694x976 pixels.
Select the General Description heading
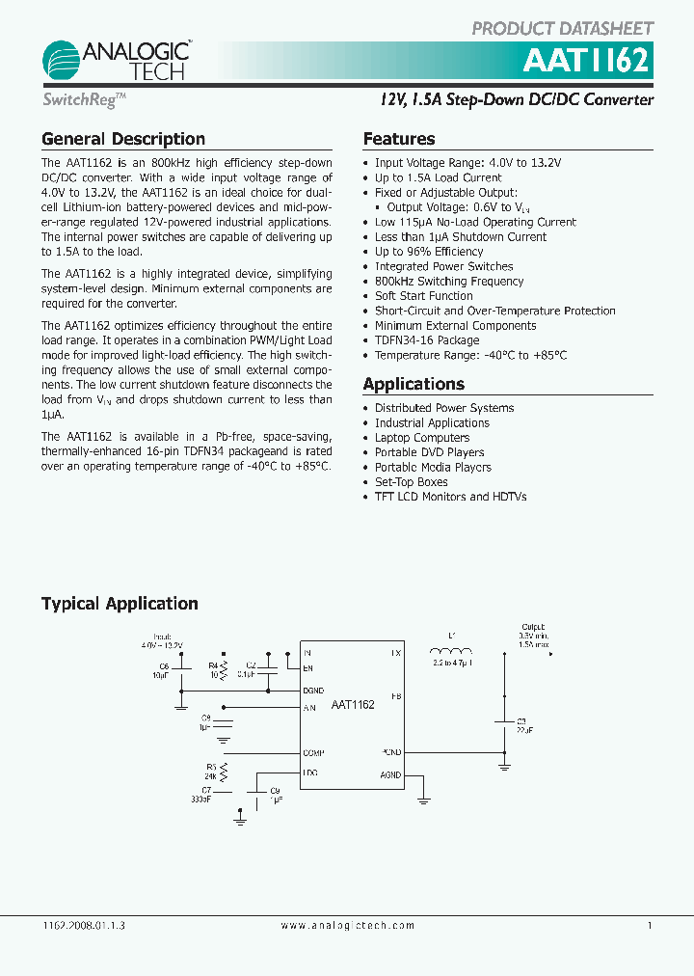123,139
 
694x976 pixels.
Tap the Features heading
399,139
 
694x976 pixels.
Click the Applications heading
413,384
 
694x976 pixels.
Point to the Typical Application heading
120,604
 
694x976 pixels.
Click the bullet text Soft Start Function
423,296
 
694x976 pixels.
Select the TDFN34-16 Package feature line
427,340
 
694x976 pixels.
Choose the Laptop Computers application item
422,438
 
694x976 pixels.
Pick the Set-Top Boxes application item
412,482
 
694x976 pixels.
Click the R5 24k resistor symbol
225,772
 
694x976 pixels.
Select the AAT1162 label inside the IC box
353,706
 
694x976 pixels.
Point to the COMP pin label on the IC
313,752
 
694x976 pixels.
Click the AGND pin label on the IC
390,775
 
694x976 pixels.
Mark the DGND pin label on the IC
314,691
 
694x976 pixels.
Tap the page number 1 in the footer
650,925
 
